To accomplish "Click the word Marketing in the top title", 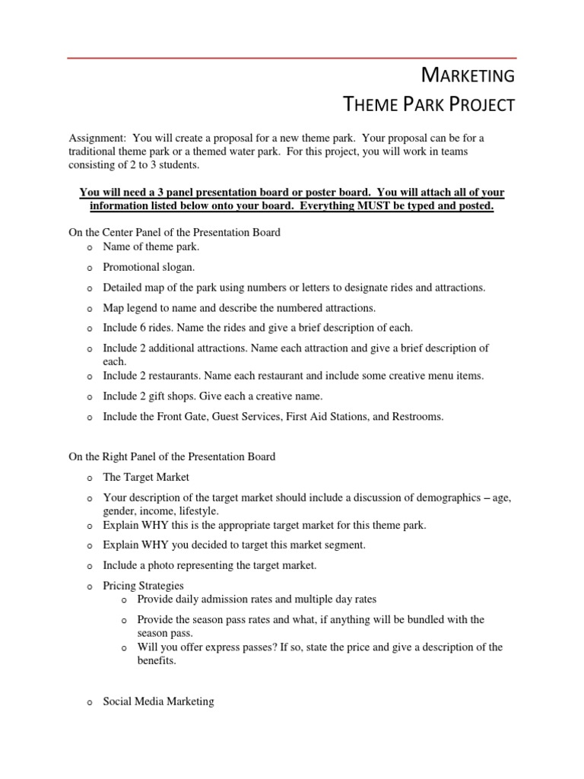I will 468,75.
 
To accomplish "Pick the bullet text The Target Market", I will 146,477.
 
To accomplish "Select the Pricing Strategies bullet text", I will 143,586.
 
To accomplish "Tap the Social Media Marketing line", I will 158,701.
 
